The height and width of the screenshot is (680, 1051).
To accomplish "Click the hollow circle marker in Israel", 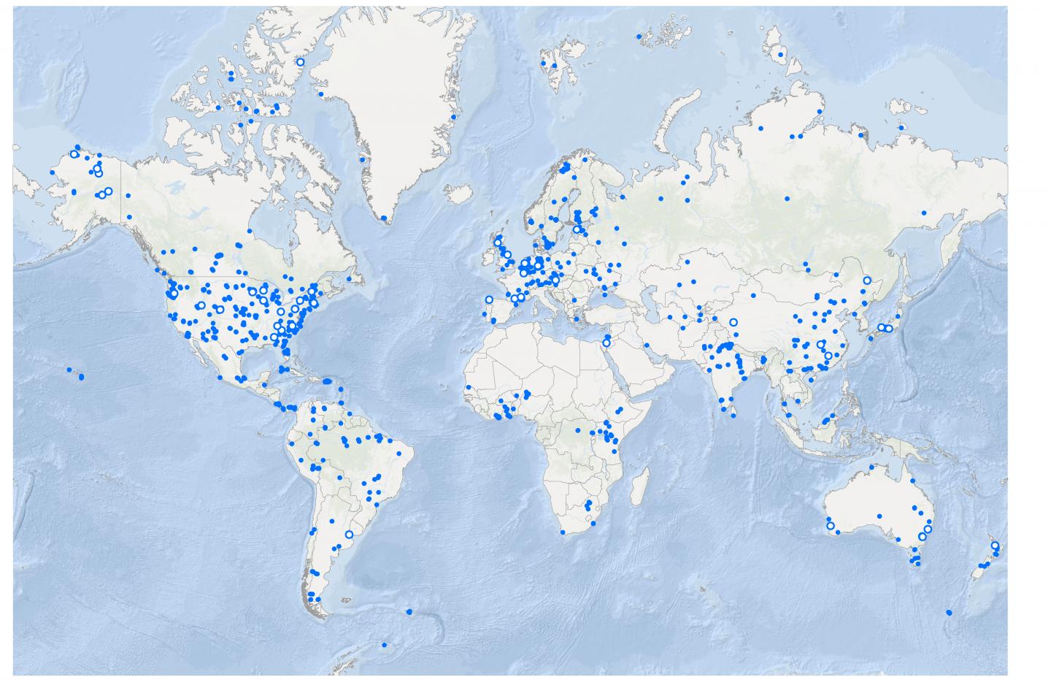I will (x=606, y=343).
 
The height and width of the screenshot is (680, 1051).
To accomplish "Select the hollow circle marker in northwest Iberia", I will (x=488, y=299).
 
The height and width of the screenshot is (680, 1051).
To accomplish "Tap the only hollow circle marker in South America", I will (x=348, y=535).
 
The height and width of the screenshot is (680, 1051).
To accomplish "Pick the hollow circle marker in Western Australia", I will (x=830, y=525).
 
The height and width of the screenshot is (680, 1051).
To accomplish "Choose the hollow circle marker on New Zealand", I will (x=994, y=546).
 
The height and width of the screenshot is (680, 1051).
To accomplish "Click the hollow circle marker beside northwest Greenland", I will (x=299, y=63).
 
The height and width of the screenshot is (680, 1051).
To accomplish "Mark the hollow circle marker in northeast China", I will (x=866, y=280).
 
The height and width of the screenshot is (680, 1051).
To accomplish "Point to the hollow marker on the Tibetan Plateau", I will (x=733, y=322).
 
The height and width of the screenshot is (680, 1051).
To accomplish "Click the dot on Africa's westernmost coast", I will (x=468, y=387).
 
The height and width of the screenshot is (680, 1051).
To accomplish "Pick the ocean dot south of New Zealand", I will (x=948, y=612).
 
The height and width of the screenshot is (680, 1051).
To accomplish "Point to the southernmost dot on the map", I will (x=385, y=645).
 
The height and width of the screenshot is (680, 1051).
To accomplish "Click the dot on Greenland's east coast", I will (x=453, y=117).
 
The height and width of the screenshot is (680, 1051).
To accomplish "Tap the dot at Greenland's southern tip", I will (x=383, y=218).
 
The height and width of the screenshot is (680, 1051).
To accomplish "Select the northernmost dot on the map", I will (x=639, y=36).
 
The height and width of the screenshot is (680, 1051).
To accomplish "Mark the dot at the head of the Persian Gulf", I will (x=647, y=345).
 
